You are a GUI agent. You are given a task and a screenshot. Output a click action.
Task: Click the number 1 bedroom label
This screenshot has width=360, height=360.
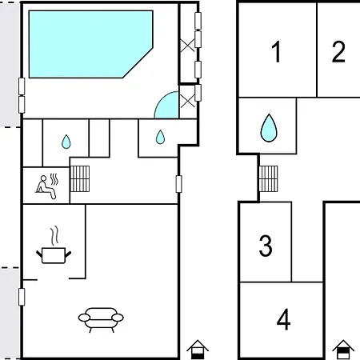point(277,53)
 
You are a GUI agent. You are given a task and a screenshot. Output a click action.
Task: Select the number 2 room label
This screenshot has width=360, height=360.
point(338,53)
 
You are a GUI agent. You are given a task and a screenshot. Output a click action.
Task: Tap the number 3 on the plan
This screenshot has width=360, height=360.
point(266,246)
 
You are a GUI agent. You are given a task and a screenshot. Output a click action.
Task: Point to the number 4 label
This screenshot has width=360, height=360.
point(283,320)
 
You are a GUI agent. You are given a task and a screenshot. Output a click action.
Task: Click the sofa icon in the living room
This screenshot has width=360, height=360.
point(101,319)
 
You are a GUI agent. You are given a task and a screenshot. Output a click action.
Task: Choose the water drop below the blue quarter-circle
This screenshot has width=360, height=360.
point(160,137)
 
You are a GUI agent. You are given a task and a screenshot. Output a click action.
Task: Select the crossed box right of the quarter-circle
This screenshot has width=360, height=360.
point(188,99)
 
